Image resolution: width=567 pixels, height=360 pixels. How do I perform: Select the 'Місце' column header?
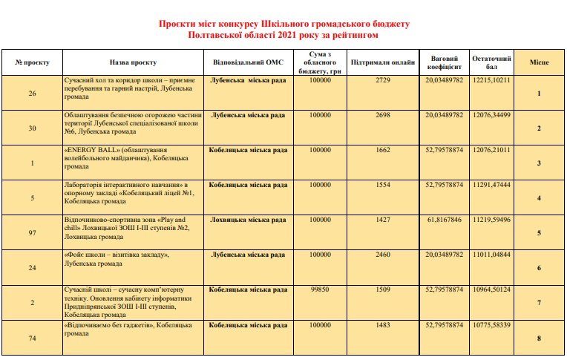(539, 62)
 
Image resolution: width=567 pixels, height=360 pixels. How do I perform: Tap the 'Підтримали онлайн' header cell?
(383, 62)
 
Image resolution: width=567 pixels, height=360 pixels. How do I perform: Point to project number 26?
(32, 94)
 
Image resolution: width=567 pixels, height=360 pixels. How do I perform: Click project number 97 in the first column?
(32, 233)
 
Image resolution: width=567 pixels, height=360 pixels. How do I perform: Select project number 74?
(32, 338)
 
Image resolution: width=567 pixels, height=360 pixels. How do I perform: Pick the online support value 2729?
(383, 79)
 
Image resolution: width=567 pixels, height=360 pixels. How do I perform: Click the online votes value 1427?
(383, 220)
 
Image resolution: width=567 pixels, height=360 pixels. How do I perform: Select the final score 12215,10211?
(491, 79)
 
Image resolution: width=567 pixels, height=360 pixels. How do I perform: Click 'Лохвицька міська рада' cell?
(248, 220)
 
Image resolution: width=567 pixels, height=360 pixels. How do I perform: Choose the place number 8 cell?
(539, 338)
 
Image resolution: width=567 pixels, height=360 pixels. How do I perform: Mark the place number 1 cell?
(539, 94)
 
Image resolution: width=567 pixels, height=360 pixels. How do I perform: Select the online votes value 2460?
(383, 255)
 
